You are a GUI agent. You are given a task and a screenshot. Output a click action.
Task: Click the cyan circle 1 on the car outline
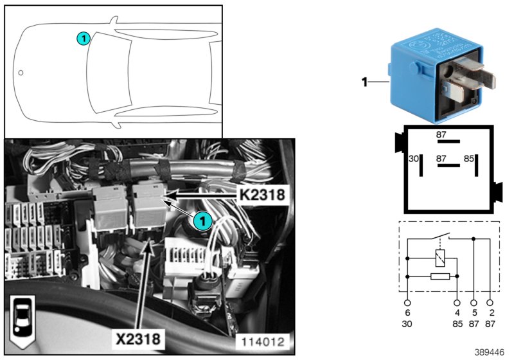pyautogui.click(x=83, y=39)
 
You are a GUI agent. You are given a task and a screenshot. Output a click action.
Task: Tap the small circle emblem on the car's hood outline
pyautogui.click(x=21, y=73)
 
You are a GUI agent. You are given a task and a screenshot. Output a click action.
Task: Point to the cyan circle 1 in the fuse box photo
pyautogui.click(x=202, y=222)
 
